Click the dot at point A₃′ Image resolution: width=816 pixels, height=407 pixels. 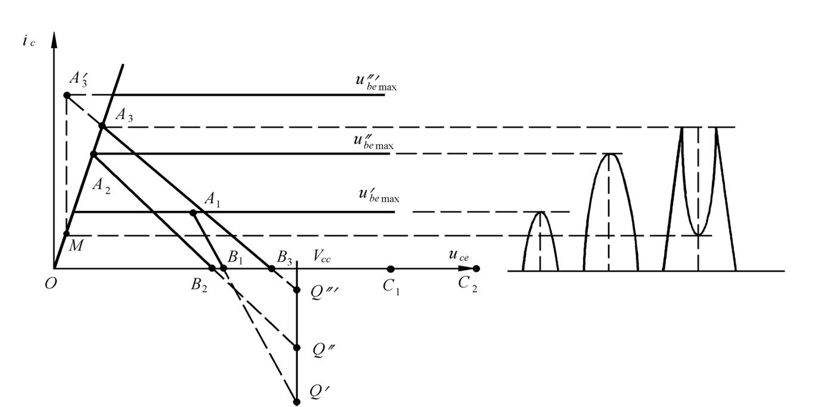(x=67, y=95)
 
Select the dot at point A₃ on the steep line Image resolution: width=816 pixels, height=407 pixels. (x=102, y=126)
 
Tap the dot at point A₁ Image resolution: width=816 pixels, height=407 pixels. (x=193, y=213)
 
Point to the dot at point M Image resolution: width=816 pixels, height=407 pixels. (x=67, y=234)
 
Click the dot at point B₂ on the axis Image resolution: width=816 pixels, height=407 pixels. (x=212, y=268)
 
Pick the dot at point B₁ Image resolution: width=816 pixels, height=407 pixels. (x=224, y=268)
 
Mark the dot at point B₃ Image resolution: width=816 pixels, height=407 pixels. (x=272, y=268)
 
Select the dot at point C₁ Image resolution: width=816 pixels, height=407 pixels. (x=391, y=269)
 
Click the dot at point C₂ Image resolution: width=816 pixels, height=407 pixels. (x=476, y=269)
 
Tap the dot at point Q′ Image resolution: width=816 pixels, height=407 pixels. (x=297, y=402)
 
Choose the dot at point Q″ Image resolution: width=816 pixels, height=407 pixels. (x=297, y=347)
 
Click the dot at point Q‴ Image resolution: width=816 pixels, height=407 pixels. (x=297, y=290)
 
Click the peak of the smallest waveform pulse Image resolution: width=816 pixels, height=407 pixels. (x=540, y=212)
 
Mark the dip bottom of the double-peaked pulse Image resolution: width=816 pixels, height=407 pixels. (x=699, y=235)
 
